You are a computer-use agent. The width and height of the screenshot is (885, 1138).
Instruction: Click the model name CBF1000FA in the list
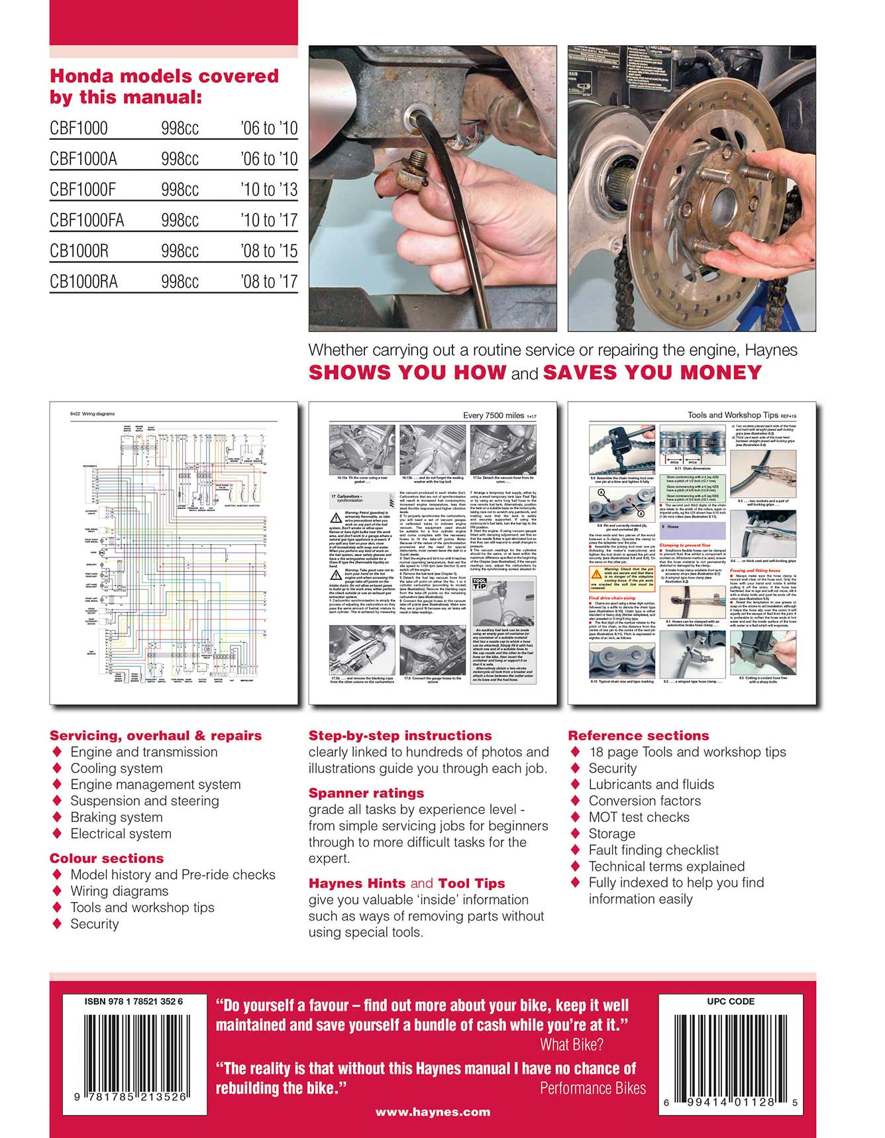[87, 220]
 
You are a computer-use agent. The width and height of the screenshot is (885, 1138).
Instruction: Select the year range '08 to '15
[269, 251]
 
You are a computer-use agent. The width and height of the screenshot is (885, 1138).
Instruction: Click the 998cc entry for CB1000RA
[180, 282]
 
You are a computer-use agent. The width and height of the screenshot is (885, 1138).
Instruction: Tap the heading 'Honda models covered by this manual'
[164, 87]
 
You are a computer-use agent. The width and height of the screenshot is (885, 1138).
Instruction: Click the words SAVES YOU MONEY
[652, 372]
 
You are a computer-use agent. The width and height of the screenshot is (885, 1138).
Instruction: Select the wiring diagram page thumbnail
[174, 553]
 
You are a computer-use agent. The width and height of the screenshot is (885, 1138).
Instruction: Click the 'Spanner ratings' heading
[366, 793]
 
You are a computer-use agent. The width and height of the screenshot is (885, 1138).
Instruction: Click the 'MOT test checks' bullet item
[639, 817]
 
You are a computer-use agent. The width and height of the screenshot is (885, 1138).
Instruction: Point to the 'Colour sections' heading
[107, 858]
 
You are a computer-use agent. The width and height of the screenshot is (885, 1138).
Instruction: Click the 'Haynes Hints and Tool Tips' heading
[406, 883]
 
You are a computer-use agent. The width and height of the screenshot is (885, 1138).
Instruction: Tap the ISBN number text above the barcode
[133, 1001]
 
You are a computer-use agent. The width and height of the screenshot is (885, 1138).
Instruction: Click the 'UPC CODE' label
[730, 1001]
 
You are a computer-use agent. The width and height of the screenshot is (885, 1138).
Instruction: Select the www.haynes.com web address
[433, 1112]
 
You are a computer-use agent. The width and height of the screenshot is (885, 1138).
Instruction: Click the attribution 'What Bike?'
[572, 1045]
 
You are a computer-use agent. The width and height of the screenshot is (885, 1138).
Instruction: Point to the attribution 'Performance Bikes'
[592, 1088]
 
